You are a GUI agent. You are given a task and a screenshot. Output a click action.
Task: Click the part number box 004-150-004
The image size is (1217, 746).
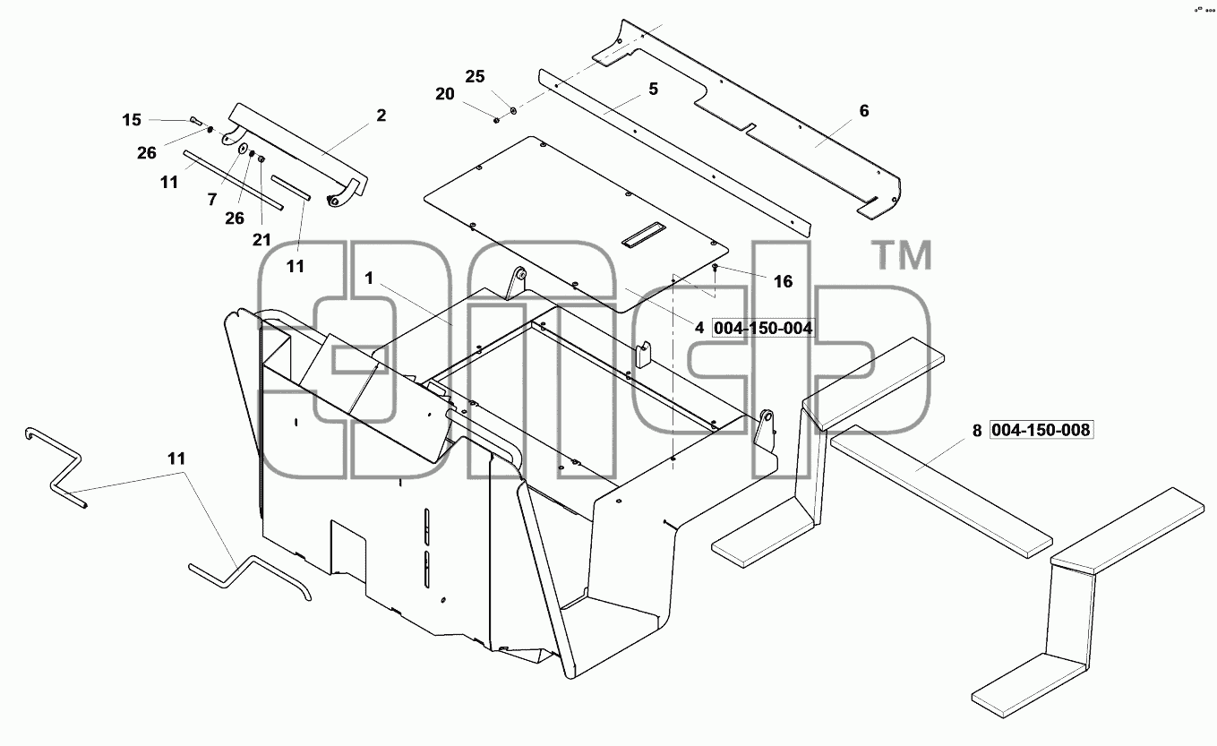pos(763,328)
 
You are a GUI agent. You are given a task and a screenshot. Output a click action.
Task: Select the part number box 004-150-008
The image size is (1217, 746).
pos(1041,430)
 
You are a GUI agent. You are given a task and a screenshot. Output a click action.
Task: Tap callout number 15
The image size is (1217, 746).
pos(132,119)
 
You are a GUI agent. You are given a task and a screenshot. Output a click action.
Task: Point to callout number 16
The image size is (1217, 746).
pos(783,281)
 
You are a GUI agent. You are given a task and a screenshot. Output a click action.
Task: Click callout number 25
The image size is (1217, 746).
pos(475,77)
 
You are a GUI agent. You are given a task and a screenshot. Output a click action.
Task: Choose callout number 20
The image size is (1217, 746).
pos(445,94)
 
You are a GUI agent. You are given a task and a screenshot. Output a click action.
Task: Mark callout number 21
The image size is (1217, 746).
pos(261,240)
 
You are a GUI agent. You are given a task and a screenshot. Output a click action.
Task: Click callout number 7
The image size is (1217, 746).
pos(212,200)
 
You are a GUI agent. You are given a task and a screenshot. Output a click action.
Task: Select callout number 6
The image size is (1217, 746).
pos(864,111)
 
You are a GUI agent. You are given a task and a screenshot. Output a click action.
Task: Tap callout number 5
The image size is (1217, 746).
pos(653,89)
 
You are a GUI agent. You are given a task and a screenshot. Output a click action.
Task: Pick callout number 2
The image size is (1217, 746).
pos(381,116)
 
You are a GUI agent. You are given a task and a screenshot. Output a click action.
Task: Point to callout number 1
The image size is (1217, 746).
pos(369,279)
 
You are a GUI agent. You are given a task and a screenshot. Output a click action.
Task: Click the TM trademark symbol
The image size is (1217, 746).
pos(902,255)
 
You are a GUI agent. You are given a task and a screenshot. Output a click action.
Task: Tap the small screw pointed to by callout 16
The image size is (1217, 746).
pos(716,266)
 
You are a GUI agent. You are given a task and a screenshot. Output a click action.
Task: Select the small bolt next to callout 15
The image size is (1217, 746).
pos(195,121)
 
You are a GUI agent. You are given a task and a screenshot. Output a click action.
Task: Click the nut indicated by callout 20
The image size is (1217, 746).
pos(496,120)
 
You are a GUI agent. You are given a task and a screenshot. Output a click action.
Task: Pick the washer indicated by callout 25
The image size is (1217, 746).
pos(513,111)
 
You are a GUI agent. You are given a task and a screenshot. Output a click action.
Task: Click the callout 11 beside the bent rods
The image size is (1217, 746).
pos(176,459)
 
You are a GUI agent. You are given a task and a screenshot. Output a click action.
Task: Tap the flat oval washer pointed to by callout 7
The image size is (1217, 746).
pos(243,149)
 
